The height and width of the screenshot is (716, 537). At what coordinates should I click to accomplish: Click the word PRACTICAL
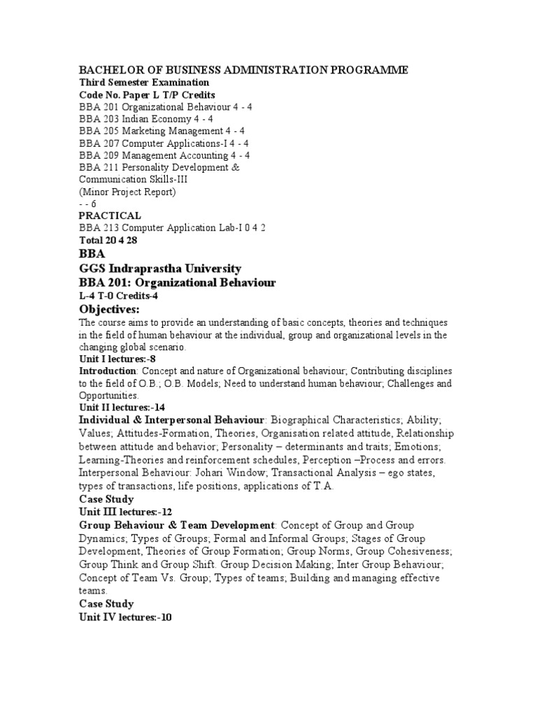pos(110,215)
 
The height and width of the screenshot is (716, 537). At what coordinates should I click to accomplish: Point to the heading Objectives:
pos(109,310)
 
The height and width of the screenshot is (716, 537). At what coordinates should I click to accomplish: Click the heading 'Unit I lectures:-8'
pos(113,359)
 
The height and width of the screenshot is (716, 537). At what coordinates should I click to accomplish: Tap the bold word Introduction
pos(107,371)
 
